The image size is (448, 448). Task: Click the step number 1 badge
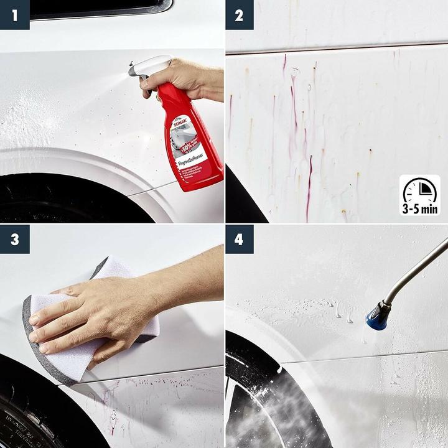point(14,14)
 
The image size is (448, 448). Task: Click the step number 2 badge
point(239,14)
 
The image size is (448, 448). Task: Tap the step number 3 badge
point(14,239)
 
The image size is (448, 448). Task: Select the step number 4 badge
point(239,239)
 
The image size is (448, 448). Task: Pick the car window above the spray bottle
point(100,7)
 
